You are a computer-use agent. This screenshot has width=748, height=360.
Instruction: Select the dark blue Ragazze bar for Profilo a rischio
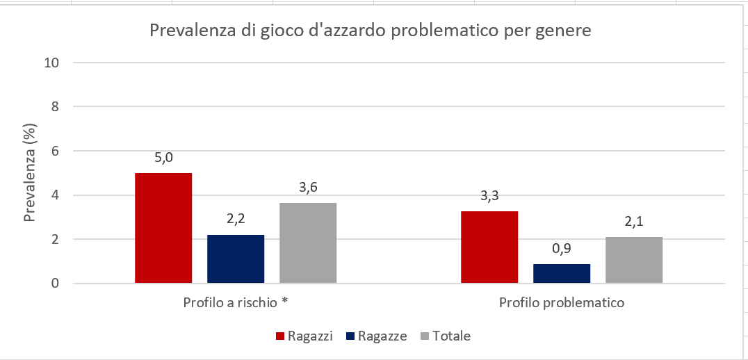[x=236, y=259]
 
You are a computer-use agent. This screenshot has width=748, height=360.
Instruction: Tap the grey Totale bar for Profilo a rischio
[x=308, y=243]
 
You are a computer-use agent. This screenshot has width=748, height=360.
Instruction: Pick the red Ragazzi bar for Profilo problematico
[x=490, y=247]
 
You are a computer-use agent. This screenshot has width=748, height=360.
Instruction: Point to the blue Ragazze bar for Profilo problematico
[x=562, y=273]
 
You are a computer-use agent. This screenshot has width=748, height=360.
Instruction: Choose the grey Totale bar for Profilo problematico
[x=634, y=260]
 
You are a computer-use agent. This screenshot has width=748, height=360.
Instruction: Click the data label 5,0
[x=163, y=158]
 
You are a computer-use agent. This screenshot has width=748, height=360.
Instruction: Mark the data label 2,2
[x=236, y=220]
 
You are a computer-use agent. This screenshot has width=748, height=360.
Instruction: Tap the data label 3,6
[x=308, y=188]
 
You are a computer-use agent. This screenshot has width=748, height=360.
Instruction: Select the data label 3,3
[x=490, y=196]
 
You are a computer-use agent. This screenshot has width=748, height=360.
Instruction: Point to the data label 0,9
[x=562, y=248]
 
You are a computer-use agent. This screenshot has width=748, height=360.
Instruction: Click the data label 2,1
[x=634, y=222]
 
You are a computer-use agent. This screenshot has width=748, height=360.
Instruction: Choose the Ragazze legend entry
[x=376, y=336]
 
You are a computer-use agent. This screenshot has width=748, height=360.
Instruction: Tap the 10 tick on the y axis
[x=51, y=63]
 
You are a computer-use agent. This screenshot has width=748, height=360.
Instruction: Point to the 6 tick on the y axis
[x=54, y=151]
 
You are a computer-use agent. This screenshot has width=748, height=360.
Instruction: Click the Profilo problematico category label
[x=562, y=303]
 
